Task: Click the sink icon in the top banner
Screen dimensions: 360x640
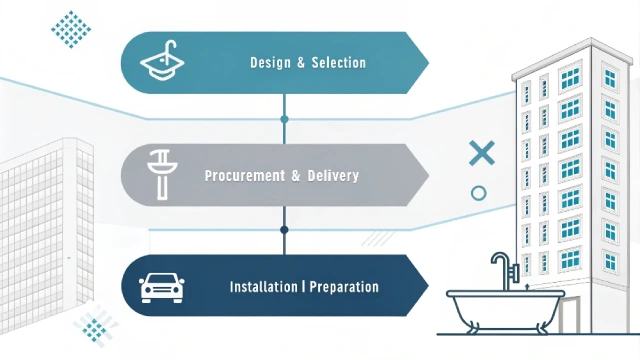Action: (x=165, y=62)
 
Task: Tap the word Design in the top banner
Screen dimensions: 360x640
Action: (x=269, y=63)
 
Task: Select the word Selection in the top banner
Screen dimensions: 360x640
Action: (x=338, y=63)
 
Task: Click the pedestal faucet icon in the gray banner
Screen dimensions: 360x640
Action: (x=161, y=174)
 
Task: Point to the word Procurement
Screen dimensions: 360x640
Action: (x=243, y=176)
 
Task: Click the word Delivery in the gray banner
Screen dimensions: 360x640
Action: (x=334, y=176)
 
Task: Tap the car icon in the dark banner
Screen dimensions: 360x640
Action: (x=161, y=287)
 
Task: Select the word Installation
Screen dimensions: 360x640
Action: (x=263, y=287)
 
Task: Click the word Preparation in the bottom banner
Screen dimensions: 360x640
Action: (x=344, y=287)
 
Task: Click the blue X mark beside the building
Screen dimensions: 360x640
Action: (x=482, y=153)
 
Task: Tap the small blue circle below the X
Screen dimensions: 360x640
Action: (x=478, y=193)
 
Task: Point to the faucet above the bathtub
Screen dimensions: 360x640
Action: (x=500, y=268)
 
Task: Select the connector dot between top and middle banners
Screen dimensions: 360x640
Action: (x=285, y=119)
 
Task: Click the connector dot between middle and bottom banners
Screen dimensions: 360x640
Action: (x=285, y=230)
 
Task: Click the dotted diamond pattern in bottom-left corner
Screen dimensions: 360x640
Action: (x=95, y=327)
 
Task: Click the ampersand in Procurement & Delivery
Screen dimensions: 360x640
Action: (x=296, y=176)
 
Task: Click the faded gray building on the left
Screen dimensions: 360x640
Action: (x=45, y=220)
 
